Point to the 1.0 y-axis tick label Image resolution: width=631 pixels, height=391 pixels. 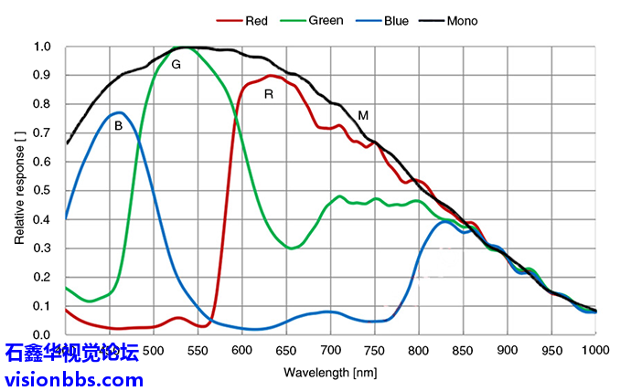click(x=42, y=47)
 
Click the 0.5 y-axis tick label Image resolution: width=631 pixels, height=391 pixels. click(x=42, y=190)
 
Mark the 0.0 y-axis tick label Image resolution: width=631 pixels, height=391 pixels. click(x=42, y=334)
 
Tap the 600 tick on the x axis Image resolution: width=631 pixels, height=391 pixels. click(x=241, y=351)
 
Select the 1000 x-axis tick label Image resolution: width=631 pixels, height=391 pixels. click(x=595, y=351)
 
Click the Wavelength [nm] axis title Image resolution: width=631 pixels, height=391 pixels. click(x=329, y=373)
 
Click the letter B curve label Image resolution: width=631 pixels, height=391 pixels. click(x=118, y=127)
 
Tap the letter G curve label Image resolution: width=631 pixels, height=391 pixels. click(x=176, y=65)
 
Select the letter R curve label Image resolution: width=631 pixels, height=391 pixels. click(x=269, y=93)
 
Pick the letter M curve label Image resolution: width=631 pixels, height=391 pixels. click(x=363, y=116)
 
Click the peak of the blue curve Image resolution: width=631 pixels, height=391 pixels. click(x=119, y=112)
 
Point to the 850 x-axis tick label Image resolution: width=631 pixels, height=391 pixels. click(x=463, y=351)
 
